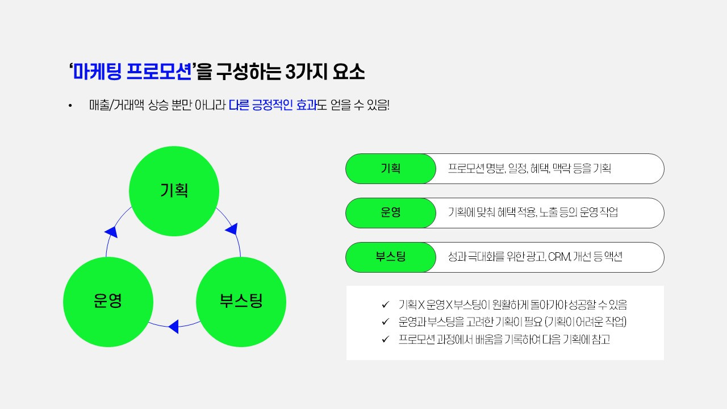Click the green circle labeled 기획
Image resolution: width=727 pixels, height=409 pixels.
click(x=174, y=191)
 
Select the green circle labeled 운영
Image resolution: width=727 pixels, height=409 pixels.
click(x=108, y=301)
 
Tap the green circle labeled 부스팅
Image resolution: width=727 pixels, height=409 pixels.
click(x=241, y=301)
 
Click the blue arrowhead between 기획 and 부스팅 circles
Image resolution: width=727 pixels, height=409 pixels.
click(x=232, y=229)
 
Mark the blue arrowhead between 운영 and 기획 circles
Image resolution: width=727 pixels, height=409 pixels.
click(x=112, y=231)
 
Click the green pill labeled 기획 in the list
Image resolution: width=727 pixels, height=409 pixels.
click(x=391, y=169)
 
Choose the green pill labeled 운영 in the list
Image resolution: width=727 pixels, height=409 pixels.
click(x=391, y=213)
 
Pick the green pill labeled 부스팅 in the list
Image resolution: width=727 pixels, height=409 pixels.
click(x=391, y=257)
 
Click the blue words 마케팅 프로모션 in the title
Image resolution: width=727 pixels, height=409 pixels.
click(x=132, y=73)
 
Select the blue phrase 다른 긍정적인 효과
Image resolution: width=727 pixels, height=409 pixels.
click(x=272, y=106)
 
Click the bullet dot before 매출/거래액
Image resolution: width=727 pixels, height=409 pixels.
click(x=70, y=106)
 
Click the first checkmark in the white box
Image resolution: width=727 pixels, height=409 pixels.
click(x=386, y=304)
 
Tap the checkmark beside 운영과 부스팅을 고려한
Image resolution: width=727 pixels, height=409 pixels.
click(x=386, y=322)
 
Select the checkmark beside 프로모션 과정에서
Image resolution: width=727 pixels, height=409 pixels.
click(x=386, y=340)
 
